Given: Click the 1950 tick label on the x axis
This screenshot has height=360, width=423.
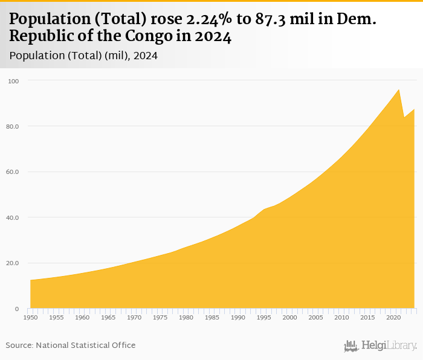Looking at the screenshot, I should tap(30, 317).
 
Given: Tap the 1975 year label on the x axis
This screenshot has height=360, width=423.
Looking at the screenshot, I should tap(160, 317).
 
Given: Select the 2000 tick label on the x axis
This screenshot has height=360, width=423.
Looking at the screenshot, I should tap(290, 317).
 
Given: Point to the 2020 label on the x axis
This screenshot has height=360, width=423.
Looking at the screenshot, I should tap(394, 317).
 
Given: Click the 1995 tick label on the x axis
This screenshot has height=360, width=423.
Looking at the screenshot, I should tap(264, 317).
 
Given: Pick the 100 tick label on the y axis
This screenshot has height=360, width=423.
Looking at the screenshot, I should tap(14, 81).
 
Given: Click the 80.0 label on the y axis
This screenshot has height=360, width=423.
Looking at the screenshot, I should tap(13, 126).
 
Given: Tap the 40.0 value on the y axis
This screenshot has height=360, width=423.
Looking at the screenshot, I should tap(13, 217).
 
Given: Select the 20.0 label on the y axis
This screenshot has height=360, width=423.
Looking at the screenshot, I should tap(13, 263).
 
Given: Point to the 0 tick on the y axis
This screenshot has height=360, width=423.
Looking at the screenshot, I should tap(17, 309).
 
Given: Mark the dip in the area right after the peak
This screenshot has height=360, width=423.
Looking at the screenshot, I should tap(404, 117).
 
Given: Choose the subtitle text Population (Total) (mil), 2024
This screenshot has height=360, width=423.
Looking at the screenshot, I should tap(84, 56).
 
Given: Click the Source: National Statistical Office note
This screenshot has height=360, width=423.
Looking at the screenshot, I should tap(71, 345).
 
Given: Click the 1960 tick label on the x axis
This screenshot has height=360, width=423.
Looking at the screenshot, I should tap(82, 317).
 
